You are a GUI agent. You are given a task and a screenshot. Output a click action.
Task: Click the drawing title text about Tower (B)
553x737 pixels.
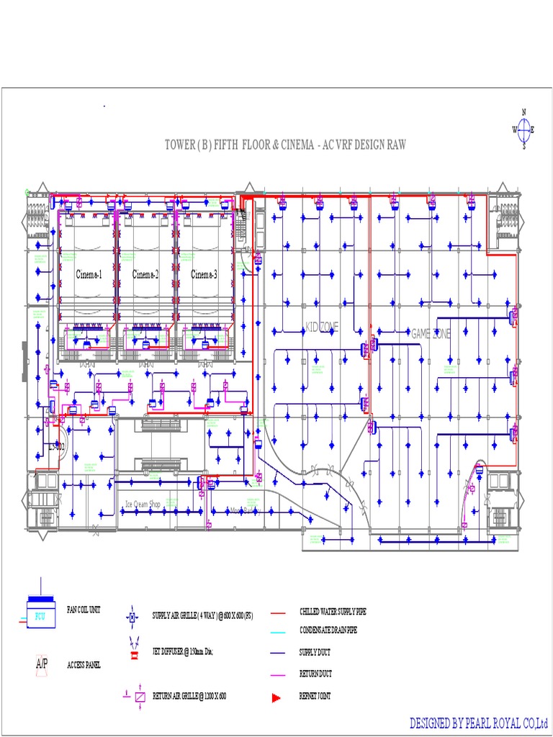285,145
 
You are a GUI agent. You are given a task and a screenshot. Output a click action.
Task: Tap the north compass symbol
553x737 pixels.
523,130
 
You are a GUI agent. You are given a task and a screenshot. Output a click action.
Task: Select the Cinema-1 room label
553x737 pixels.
89,274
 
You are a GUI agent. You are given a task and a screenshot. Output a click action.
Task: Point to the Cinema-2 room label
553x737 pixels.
145,274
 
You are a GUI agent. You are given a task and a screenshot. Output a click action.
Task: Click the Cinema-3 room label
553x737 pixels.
204,274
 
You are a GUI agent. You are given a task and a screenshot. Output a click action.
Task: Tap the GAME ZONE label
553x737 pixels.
431,333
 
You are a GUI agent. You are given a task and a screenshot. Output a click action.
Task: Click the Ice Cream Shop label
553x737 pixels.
152,504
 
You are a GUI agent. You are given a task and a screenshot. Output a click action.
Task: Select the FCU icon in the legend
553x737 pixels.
40,612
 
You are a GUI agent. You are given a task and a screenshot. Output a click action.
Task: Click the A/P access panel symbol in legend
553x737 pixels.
41,663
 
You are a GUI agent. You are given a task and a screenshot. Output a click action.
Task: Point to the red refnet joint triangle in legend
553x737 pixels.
275,697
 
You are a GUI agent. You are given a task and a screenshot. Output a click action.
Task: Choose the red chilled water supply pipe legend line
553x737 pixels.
279,612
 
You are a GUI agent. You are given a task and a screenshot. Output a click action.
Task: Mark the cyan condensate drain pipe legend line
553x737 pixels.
279,632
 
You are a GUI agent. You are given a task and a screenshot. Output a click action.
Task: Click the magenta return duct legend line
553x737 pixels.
279,675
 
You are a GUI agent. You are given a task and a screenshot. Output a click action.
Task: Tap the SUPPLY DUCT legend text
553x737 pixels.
315,654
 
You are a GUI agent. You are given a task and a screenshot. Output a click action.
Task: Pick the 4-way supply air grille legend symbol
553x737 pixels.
132,617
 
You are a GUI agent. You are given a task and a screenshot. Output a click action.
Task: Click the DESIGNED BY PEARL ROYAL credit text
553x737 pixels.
478,722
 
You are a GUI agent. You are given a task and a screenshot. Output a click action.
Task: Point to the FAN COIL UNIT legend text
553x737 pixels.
84,609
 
